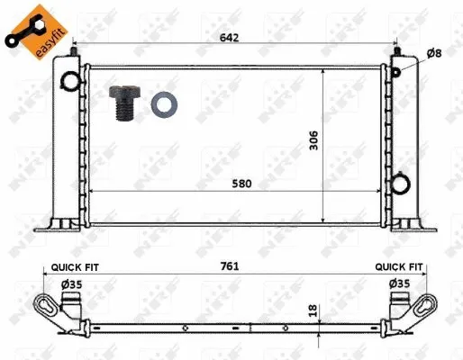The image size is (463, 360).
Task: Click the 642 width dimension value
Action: click(x=230, y=38)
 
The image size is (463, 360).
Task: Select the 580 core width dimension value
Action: click(x=241, y=184)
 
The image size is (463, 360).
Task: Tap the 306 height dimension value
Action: click(x=313, y=140)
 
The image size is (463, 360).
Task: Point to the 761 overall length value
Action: click(x=230, y=266)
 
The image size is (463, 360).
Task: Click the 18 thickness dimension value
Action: click(x=313, y=310)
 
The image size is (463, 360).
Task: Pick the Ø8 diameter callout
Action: click(x=434, y=54)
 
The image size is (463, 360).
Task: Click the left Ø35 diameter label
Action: click(x=72, y=284)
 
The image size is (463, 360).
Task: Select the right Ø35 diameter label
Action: click(x=400, y=283)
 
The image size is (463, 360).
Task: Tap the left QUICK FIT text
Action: click(x=75, y=267)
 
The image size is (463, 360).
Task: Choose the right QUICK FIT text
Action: click(x=399, y=266)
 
